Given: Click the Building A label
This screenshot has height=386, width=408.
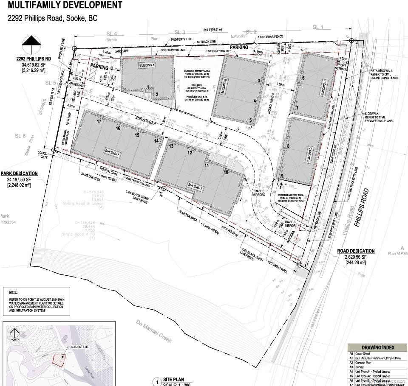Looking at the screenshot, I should [x=147, y=65].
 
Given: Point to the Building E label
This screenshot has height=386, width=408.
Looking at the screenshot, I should [x=195, y=186].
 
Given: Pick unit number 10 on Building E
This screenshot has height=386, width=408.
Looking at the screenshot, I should [x=226, y=172].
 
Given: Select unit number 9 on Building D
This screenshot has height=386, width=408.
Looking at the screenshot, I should [x=282, y=176].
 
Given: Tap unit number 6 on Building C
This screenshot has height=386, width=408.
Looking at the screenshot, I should [x=303, y=78].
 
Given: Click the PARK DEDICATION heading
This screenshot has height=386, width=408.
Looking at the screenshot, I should [x=19, y=173].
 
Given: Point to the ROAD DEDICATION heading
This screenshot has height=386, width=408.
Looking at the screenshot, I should [x=356, y=251].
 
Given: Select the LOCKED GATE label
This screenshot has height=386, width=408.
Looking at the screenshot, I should [x=43, y=154].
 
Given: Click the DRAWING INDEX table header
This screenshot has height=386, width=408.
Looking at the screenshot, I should [x=377, y=347].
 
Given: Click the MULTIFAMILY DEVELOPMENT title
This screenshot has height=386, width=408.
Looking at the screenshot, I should [x=65, y=6].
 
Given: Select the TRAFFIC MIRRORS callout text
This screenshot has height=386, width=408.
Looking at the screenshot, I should [x=258, y=193].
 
